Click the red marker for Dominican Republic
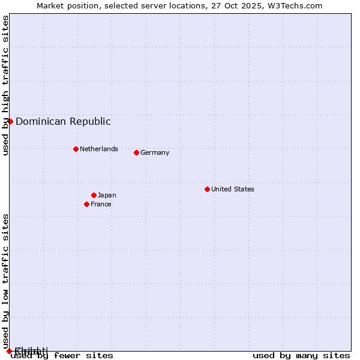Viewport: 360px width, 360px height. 10,121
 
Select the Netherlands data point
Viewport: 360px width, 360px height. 76,149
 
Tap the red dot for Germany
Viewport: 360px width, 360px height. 136,152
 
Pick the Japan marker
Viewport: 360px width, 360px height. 94,195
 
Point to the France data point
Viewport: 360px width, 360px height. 86,204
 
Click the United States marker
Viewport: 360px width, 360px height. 207,189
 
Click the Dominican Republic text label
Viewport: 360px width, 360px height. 63,121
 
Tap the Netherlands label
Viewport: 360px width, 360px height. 99,149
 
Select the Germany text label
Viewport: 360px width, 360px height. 155,152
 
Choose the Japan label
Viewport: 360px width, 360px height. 107,195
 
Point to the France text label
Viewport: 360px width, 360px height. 101,204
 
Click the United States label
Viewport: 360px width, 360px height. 233,189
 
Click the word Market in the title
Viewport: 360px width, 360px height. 50,6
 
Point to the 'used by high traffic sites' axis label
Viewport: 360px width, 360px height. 5,85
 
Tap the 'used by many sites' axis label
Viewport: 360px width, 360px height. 301,355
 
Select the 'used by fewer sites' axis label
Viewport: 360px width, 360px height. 62,355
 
